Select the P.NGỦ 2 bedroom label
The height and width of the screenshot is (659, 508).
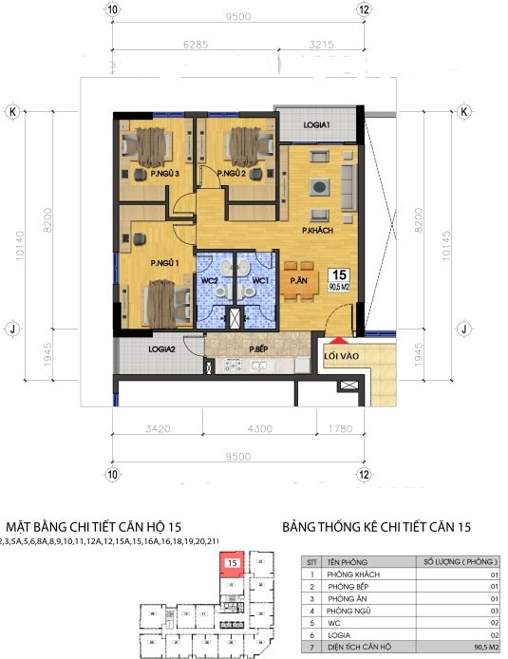tap(232, 174)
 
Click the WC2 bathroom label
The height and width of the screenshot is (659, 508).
tap(211, 281)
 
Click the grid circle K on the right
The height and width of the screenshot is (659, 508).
tap(464, 111)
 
